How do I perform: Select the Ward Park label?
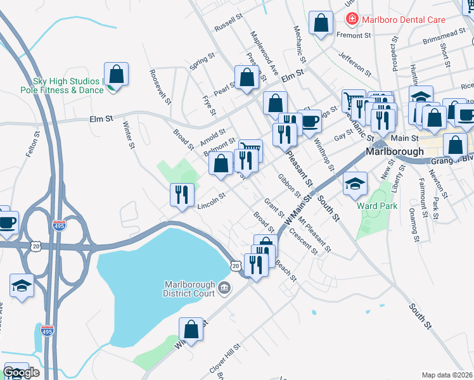click(377, 206)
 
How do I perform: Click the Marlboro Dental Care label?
click(404, 20)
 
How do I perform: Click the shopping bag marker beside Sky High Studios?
click(117, 75)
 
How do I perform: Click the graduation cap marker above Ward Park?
click(355, 184)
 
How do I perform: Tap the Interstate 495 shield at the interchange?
click(59, 226)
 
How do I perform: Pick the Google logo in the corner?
click(22, 372)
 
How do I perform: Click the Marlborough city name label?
click(395, 152)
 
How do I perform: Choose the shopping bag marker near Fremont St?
click(321, 24)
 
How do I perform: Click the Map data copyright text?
click(447, 375)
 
